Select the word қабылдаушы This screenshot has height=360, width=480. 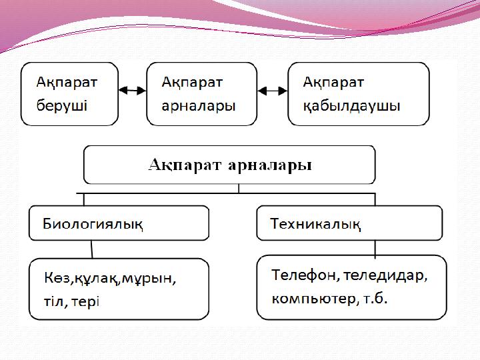(x=351, y=105)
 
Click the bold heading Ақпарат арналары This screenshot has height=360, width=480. (x=230, y=164)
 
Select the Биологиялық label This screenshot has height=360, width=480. (x=93, y=223)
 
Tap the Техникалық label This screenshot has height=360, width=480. (x=316, y=223)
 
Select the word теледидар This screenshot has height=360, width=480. (x=387, y=274)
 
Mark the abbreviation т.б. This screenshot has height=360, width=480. (x=375, y=299)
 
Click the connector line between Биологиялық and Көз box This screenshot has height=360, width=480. (x=92, y=249)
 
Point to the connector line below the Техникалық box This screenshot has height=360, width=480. (x=375, y=248)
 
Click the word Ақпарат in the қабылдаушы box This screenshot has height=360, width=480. (x=333, y=82)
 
